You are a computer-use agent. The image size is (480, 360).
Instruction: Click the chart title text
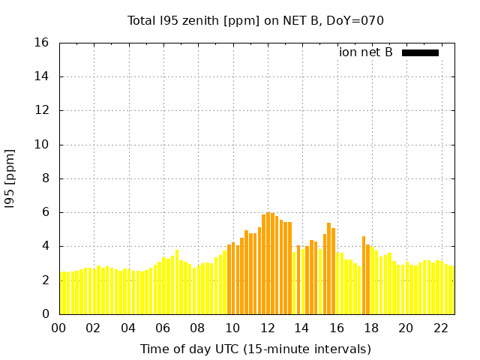click(256, 20)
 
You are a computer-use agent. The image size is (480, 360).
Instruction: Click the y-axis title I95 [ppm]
click(10, 178)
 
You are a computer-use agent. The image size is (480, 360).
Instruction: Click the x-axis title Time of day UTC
click(256, 349)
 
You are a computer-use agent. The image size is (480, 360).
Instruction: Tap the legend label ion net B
click(366, 52)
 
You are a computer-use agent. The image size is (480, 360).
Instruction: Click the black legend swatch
click(420, 52)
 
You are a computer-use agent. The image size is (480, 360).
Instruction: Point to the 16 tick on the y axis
click(42, 43)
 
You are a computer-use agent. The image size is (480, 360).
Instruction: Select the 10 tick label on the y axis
click(42, 145)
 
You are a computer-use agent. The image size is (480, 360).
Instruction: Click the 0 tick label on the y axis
click(46, 314)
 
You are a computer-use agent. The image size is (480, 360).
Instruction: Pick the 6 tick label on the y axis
click(46, 212)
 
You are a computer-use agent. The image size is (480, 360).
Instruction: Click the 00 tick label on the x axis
click(58, 328)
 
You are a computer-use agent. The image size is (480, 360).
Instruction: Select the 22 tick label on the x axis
click(441, 328)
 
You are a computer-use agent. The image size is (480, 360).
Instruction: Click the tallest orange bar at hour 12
click(268, 263)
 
